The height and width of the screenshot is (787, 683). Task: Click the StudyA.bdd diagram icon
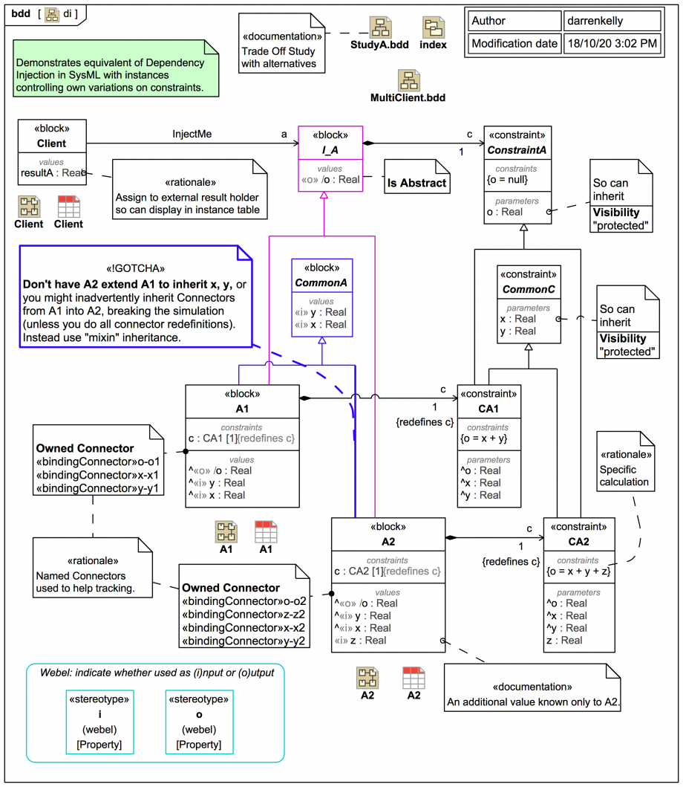380,27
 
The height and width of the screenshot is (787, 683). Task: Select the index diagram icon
434,27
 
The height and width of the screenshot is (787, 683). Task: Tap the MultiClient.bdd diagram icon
408,80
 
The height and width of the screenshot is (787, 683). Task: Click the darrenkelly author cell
611,21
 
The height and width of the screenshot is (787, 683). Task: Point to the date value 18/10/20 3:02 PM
611,44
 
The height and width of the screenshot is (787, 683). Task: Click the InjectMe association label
192,135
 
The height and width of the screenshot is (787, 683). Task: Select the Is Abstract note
416,183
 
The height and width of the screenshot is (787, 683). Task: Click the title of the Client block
51,143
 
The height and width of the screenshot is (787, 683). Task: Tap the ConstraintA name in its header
517,151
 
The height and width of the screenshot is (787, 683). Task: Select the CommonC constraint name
529,289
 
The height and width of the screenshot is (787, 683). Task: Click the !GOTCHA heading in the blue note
135,269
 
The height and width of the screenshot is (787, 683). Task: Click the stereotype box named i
100,722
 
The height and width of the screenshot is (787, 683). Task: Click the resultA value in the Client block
52,173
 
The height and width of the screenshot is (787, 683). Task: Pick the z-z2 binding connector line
244,615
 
